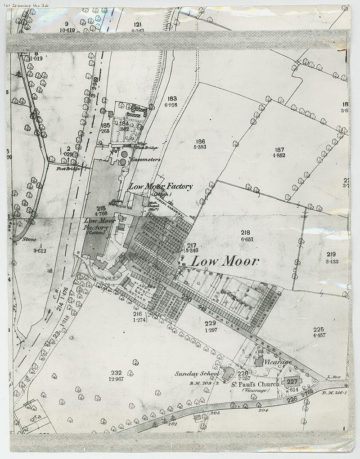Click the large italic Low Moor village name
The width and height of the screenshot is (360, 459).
click(x=225, y=261)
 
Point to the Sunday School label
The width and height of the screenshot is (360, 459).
click(x=197, y=374)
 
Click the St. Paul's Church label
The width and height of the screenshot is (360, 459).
click(x=255, y=384)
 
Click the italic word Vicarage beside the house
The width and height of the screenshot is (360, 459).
click(x=278, y=362)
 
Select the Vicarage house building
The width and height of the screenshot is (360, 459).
click(x=260, y=361)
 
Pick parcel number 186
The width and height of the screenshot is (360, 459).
click(x=201, y=141)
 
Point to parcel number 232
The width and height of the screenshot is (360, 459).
click(x=117, y=373)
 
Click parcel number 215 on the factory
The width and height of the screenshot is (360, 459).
click(x=101, y=209)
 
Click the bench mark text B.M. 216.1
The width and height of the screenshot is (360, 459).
click(x=335, y=392)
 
